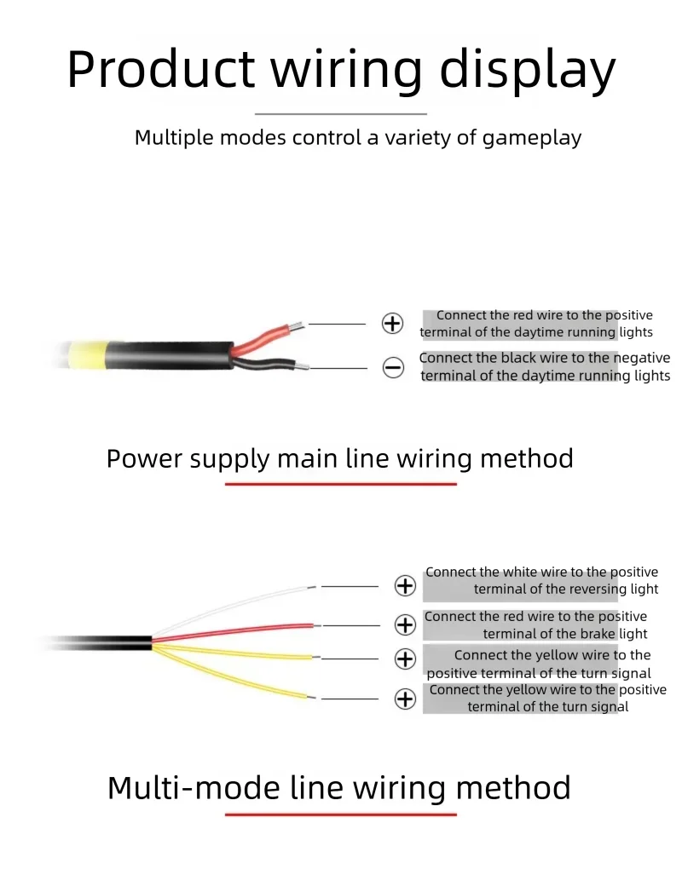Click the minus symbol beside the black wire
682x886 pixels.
click(x=393, y=368)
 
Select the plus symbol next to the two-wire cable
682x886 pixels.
click(x=392, y=324)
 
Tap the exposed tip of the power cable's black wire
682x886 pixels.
click(x=302, y=367)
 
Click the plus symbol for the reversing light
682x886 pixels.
click(x=405, y=586)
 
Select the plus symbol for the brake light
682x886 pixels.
click(x=405, y=625)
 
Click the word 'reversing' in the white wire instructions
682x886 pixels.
click(x=598, y=590)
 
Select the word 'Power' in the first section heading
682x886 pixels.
click(x=144, y=459)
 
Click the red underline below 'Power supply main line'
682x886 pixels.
click(x=341, y=484)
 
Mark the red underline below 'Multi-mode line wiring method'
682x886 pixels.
click(x=341, y=814)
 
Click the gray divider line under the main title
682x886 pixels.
click(x=341, y=113)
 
